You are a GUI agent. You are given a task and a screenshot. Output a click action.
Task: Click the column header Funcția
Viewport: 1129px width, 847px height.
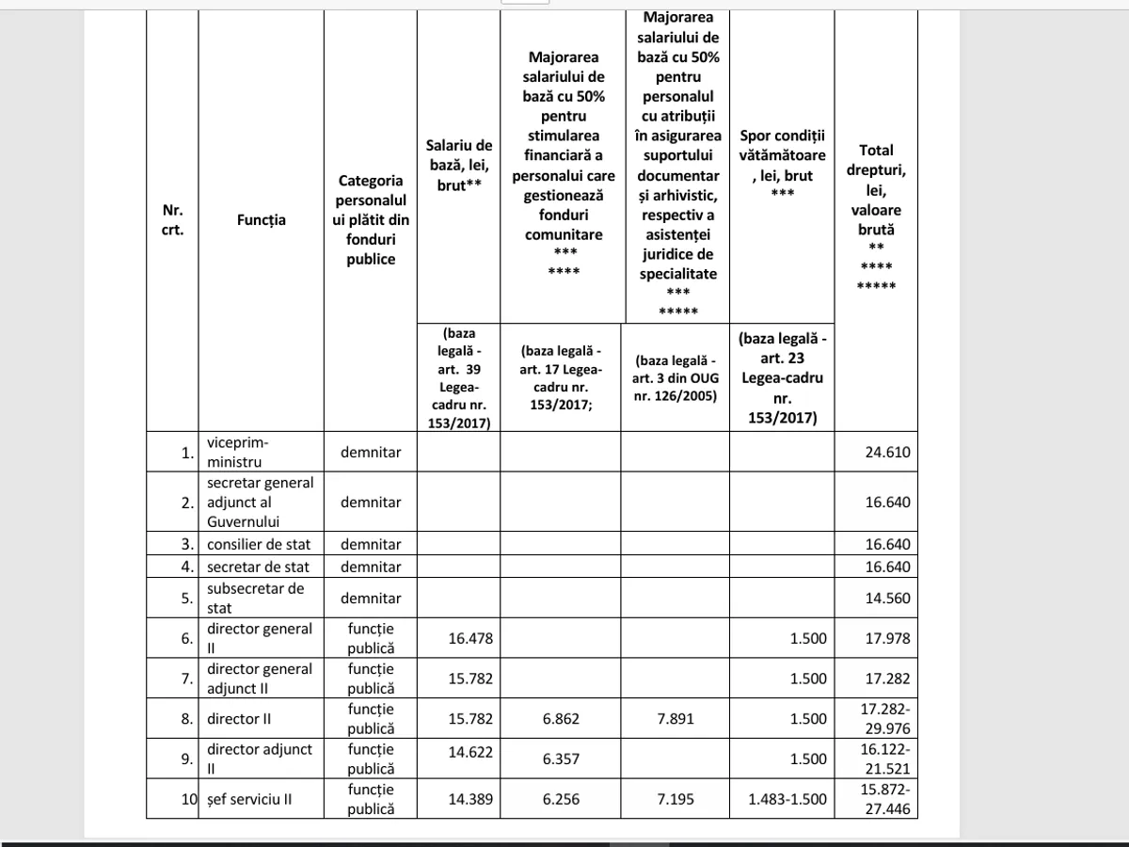pos(261,220)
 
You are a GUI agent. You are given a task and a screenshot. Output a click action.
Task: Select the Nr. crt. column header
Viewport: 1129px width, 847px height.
pos(172,220)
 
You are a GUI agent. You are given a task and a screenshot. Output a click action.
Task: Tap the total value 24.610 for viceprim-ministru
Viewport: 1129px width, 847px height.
pos(887,452)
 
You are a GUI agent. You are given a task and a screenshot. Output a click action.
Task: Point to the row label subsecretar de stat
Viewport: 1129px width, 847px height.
pos(255,599)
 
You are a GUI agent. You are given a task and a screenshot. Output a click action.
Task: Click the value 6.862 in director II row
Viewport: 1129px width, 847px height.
pos(561,719)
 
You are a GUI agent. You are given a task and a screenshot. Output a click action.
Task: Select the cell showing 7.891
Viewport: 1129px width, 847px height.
pos(673,719)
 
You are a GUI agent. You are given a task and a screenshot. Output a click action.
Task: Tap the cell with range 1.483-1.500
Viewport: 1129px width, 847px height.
pos(787,799)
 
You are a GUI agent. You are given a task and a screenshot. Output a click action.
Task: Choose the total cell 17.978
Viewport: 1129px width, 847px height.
pos(887,638)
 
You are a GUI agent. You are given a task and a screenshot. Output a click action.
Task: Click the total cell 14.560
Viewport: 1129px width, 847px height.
pos(887,599)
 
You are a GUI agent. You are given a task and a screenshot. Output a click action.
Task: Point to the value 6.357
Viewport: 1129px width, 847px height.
pos(561,759)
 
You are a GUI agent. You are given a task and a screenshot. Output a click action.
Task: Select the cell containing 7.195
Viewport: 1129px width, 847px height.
pos(673,799)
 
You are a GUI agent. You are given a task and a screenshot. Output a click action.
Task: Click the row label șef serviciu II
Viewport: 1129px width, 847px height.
pos(249,799)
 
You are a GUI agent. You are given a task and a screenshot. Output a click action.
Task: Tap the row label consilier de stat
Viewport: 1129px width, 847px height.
pos(259,544)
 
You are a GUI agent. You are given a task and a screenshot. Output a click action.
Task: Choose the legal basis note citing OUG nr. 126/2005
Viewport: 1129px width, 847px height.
pos(675,378)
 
